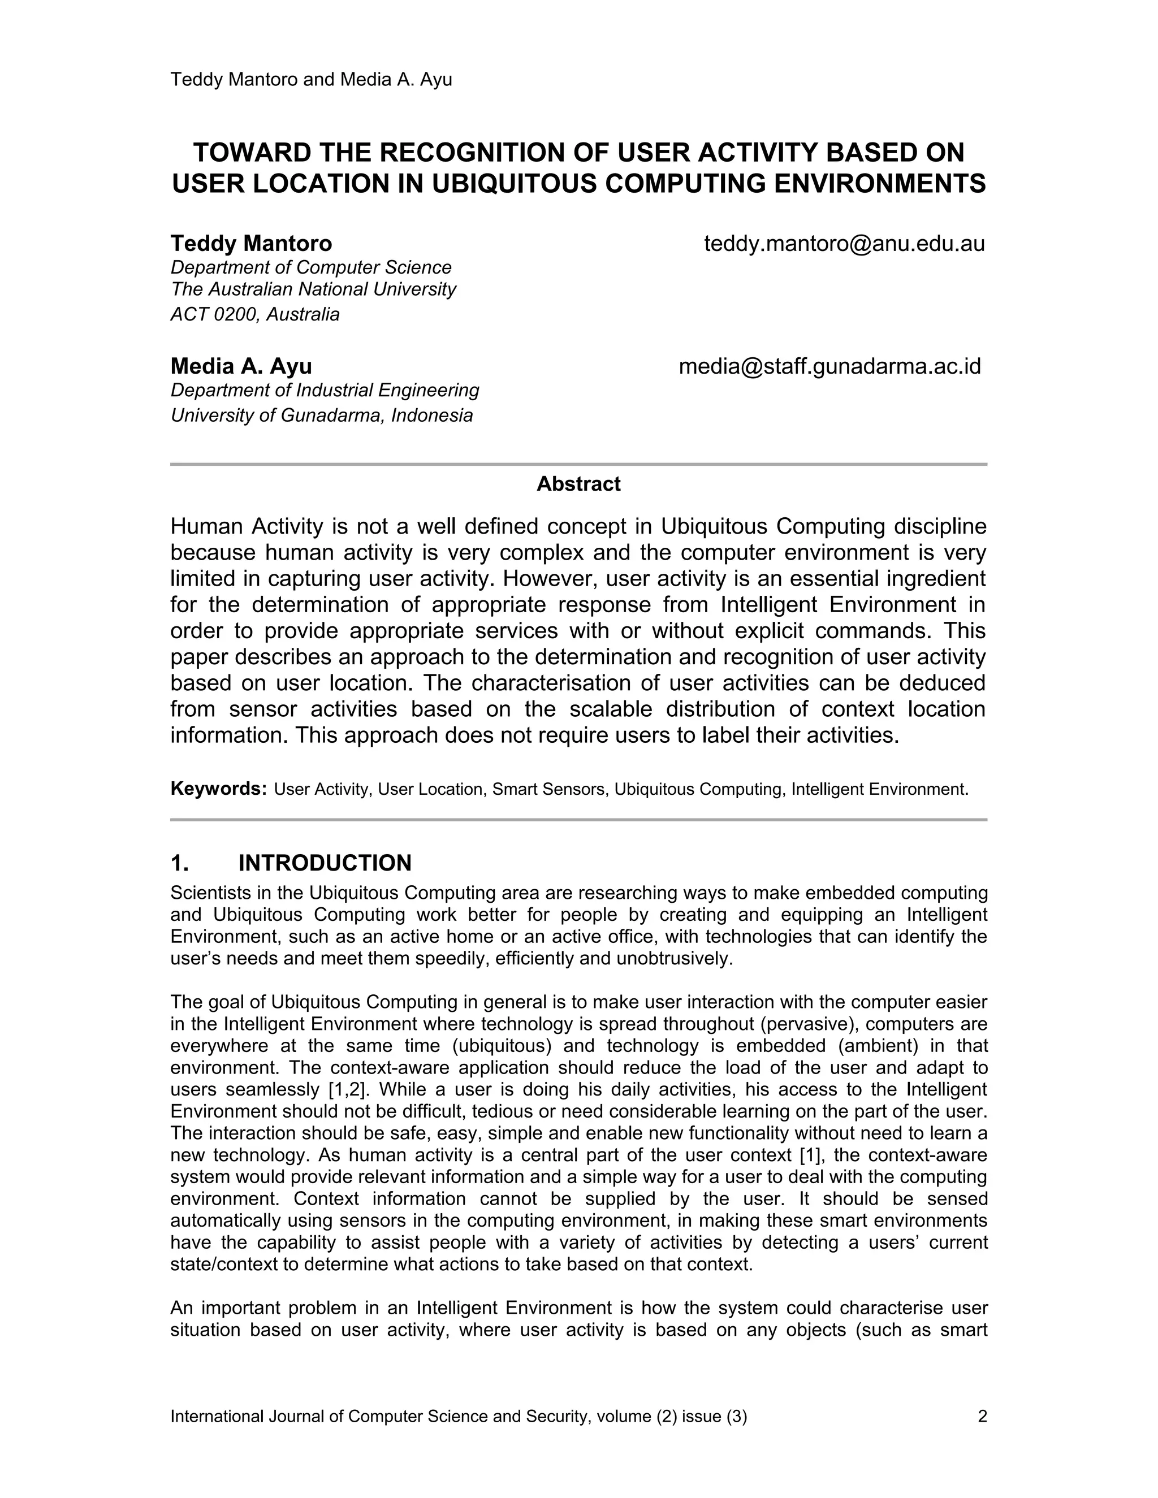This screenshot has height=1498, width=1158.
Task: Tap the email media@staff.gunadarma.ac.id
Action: pos(829,366)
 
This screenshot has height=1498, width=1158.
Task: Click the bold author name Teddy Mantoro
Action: pos(251,244)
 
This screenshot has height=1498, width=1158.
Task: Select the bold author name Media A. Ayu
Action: pos(241,366)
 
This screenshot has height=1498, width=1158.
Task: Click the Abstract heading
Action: pos(578,484)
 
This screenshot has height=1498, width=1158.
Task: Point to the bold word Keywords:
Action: pos(218,789)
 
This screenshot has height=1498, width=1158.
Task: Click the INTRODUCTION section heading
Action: pos(325,863)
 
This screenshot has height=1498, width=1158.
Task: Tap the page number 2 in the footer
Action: pos(982,1411)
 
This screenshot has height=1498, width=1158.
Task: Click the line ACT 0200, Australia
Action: pos(254,315)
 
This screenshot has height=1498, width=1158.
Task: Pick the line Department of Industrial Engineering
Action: pos(325,390)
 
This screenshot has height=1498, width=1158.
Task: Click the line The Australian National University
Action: pos(313,289)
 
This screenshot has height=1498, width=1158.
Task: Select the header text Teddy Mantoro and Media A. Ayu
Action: pos(311,80)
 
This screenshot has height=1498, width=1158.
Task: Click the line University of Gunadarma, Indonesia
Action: pos(321,415)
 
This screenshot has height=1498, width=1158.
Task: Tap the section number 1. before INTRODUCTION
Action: pos(179,863)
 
